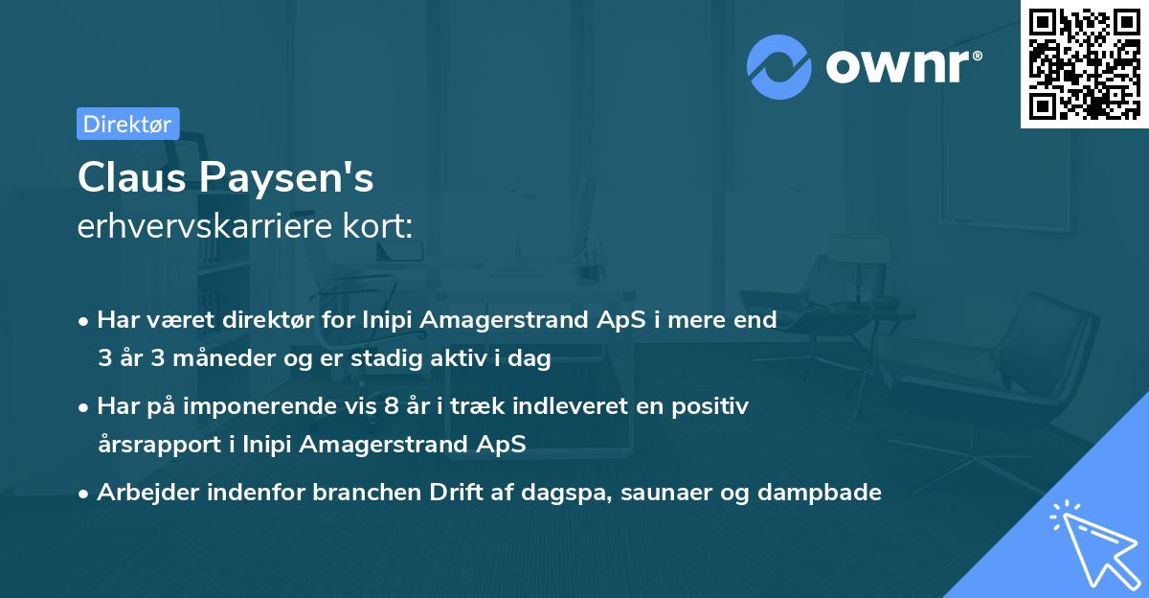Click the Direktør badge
(127, 124)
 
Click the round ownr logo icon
(779, 67)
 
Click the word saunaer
(669, 493)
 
